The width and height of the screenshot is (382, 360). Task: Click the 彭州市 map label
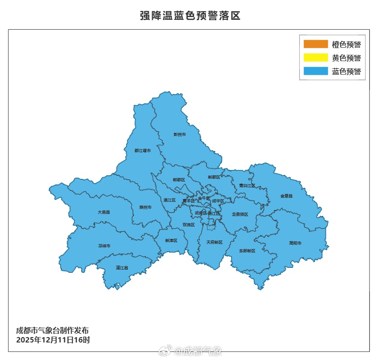click(180, 134)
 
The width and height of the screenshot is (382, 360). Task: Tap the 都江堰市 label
click(142, 151)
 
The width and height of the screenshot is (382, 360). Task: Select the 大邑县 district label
click(104, 212)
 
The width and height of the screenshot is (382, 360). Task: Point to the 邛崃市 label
click(104, 246)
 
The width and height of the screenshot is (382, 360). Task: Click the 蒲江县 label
click(122, 268)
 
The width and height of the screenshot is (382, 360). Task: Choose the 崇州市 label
click(145, 207)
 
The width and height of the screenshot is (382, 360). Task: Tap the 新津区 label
click(171, 240)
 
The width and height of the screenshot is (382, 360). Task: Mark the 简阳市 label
click(295, 243)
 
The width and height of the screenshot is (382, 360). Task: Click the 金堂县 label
click(286, 196)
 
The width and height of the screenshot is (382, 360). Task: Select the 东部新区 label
click(247, 250)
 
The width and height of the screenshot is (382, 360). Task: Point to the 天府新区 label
click(214, 242)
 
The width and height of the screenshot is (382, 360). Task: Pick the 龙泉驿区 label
click(240, 214)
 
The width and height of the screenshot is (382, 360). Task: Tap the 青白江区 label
click(247, 185)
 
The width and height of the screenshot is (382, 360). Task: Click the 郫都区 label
click(179, 180)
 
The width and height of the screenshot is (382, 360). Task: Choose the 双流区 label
click(189, 224)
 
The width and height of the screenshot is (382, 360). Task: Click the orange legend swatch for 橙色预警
click(316, 44)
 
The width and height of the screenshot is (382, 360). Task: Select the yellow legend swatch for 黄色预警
click(316, 58)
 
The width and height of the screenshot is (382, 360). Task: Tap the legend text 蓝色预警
click(346, 71)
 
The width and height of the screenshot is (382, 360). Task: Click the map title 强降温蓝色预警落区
click(190, 16)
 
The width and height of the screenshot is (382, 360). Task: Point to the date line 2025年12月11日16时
click(53, 340)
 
